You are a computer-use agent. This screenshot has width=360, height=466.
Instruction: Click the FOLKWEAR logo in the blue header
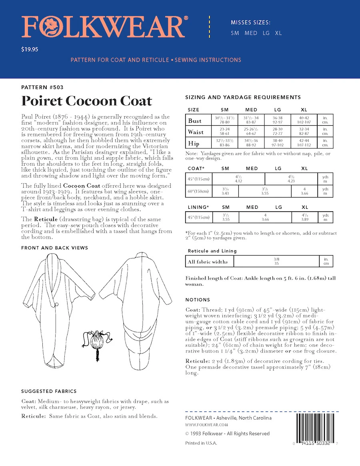coord(103,28)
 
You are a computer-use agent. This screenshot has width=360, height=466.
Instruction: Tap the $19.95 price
coord(30,50)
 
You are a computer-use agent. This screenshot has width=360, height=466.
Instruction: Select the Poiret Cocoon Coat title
coord(86,101)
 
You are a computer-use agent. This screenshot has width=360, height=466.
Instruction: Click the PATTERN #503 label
coord(42,87)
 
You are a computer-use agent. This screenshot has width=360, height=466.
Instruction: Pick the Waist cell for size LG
coord(278,132)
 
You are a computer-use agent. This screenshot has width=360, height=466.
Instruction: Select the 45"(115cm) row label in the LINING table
coord(199,217)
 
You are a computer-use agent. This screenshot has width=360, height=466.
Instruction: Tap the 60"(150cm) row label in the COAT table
coord(199,191)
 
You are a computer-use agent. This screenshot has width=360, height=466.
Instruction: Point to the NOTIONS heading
coord(198,300)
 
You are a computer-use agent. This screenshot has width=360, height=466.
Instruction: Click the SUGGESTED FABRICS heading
coord(49,391)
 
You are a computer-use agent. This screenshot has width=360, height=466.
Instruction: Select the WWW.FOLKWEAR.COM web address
coord(207,425)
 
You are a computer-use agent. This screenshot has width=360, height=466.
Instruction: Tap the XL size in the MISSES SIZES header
coord(278,33)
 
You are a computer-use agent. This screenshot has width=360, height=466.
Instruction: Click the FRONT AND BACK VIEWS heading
coord(54,248)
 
